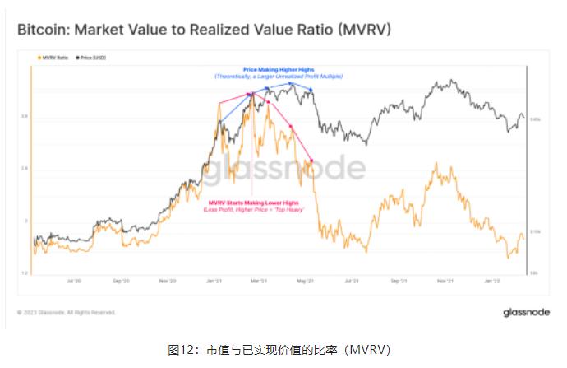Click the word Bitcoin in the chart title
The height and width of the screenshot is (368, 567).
(x=44, y=30)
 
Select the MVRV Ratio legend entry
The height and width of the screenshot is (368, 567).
(x=51, y=58)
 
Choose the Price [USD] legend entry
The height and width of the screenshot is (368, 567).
(x=92, y=58)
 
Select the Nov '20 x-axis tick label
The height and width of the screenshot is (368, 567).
(x=169, y=281)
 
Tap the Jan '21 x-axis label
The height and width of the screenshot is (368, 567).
(x=216, y=281)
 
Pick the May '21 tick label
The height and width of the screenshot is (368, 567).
(x=307, y=281)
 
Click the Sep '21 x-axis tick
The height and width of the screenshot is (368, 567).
(x=400, y=281)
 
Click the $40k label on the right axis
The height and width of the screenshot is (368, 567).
(x=534, y=119)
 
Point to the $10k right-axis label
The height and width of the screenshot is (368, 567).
(x=534, y=232)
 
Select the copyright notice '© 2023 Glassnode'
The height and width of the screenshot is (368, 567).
(x=67, y=313)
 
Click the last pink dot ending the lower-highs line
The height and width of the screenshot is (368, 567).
(x=310, y=159)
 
